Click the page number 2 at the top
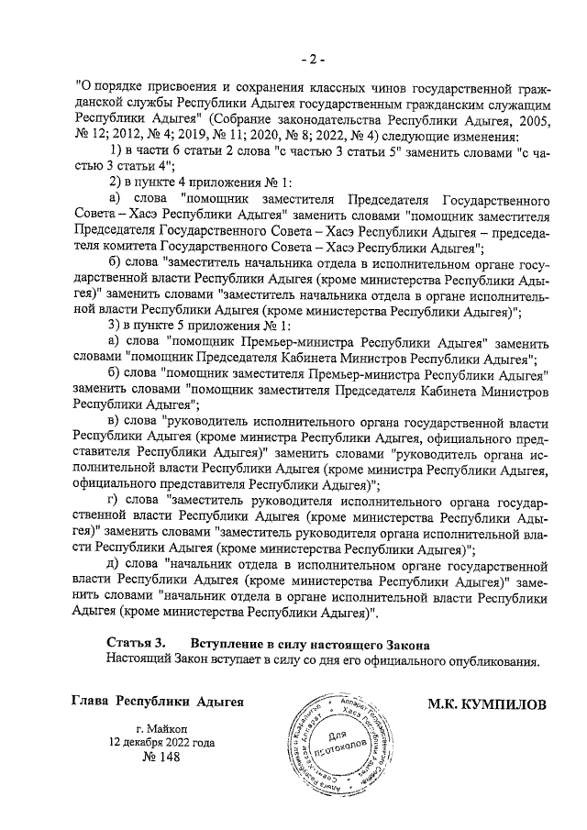coord(312,60)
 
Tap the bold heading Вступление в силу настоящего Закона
coord(309,644)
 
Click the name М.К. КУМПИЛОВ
coord(485,703)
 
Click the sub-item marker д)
coord(115,562)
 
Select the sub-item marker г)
coord(115,502)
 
